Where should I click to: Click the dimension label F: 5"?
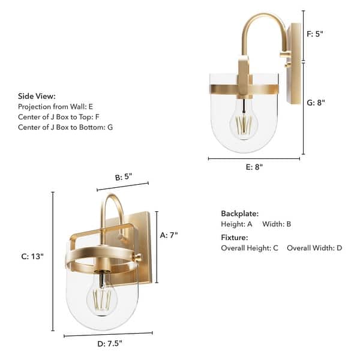[315, 34]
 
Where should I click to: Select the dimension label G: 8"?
[315, 103]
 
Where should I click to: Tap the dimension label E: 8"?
[254, 167]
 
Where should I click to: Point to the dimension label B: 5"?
[123, 177]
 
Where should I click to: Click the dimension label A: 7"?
[169, 236]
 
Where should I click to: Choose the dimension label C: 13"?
[32, 256]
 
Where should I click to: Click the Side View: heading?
[37, 96]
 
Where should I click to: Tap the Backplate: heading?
[239, 214]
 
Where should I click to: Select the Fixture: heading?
[235, 237]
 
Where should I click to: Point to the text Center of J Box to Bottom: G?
[65, 127]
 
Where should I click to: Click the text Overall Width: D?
[314, 248]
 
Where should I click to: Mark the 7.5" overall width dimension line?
[108, 334]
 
